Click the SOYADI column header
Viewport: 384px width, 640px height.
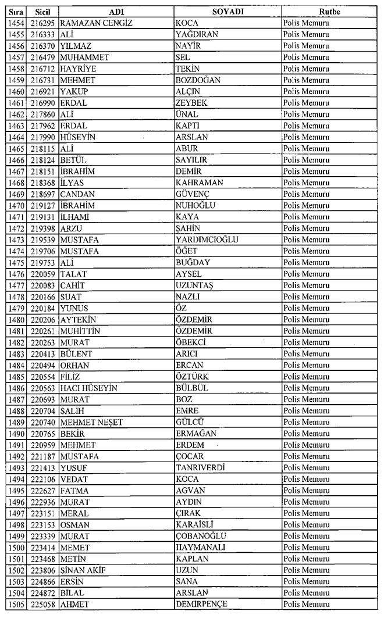tap(227, 12)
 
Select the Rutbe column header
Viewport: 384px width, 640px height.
tap(329, 12)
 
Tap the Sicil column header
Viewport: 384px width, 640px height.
tap(42, 12)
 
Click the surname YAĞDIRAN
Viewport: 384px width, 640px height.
tap(197, 34)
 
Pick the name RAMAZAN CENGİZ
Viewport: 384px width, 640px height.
tap(97, 23)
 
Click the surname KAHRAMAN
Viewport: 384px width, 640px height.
tap(200, 183)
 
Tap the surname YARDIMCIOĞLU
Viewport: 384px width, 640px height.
tap(207, 239)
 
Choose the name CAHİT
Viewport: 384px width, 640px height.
tap(73, 285)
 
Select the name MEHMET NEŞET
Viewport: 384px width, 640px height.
tap(91, 422)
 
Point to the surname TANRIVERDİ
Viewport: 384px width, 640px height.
tap(200, 467)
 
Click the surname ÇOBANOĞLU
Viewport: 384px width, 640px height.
tap(201, 536)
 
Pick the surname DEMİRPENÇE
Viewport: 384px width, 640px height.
tap(201, 604)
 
